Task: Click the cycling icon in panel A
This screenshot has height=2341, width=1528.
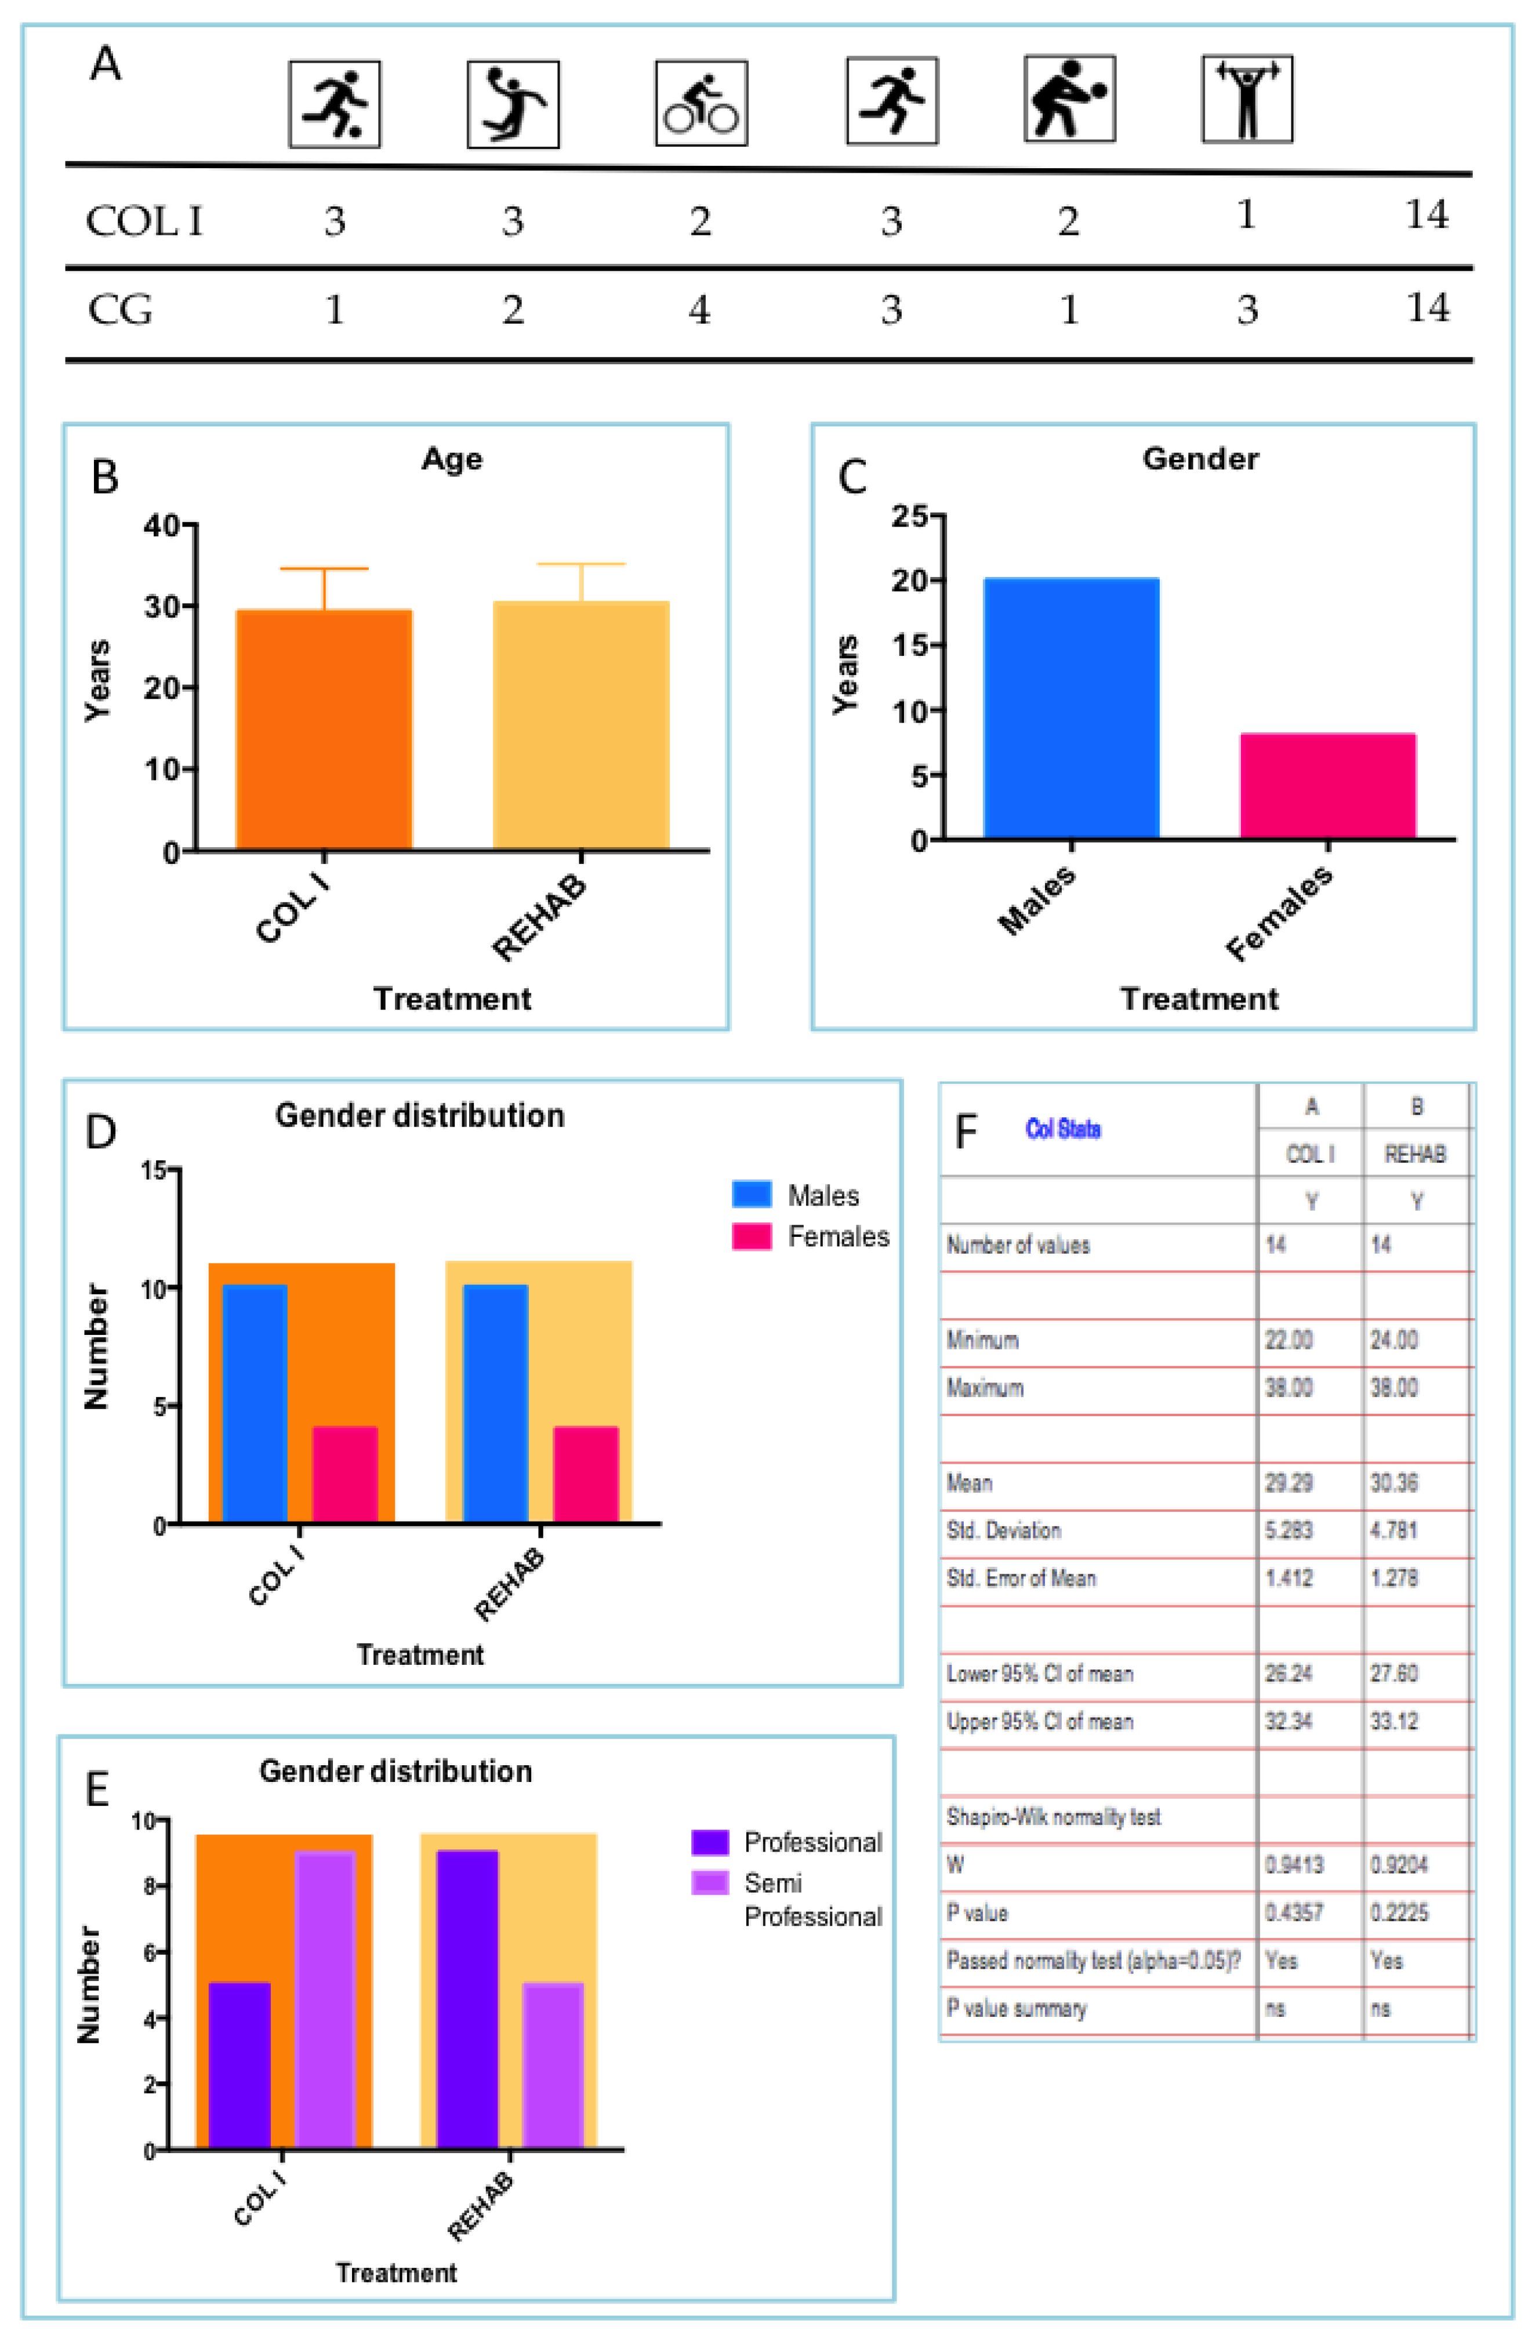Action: pos(701,103)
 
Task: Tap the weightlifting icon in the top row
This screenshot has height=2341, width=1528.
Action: pos(1247,99)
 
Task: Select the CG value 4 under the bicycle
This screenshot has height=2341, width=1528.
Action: pos(699,310)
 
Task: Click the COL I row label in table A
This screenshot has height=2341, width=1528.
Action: pos(144,220)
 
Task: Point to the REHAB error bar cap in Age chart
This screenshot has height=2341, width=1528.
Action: pos(580,565)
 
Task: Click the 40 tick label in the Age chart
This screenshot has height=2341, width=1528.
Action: pos(162,525)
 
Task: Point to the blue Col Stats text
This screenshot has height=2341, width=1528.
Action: pos(1062,1128)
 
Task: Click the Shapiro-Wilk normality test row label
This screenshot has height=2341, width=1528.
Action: pos(1052,1817)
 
